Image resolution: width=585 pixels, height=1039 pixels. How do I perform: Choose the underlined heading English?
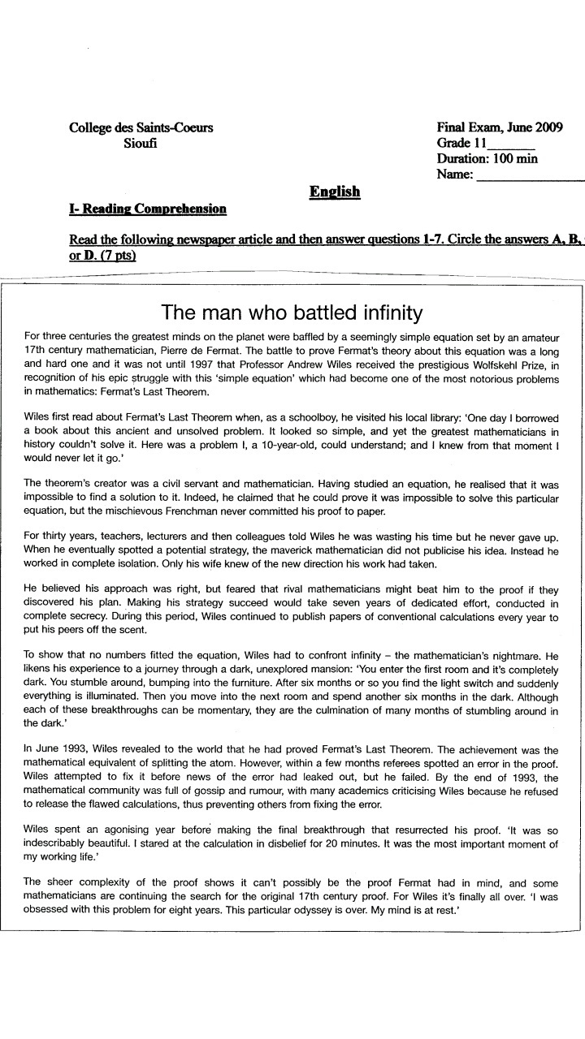pyautogui.click(x=334, y=192)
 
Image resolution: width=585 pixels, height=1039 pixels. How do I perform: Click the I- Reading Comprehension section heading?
pyautogui.click(x=148, y=209)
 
